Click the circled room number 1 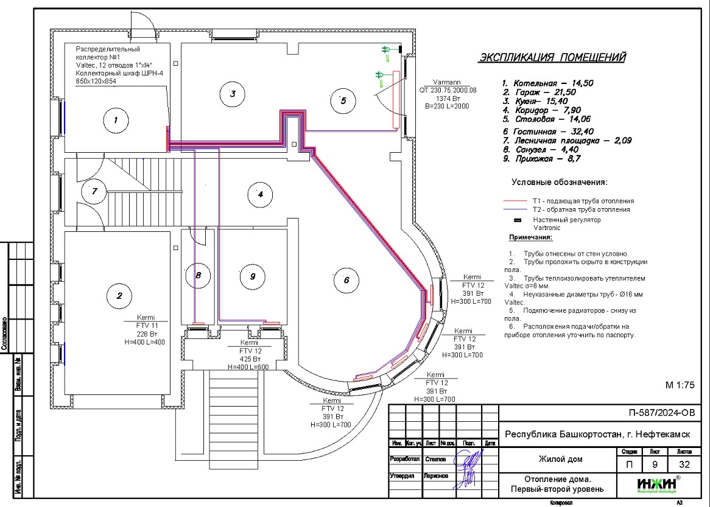115,121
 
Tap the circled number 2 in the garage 119,296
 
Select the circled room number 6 346,280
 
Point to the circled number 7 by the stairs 94,191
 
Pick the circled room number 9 252,276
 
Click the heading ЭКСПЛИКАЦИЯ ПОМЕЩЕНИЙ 552,58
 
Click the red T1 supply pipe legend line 515,200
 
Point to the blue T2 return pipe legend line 515,209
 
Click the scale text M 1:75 678,385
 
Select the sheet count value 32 680,465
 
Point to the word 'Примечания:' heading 530,237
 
